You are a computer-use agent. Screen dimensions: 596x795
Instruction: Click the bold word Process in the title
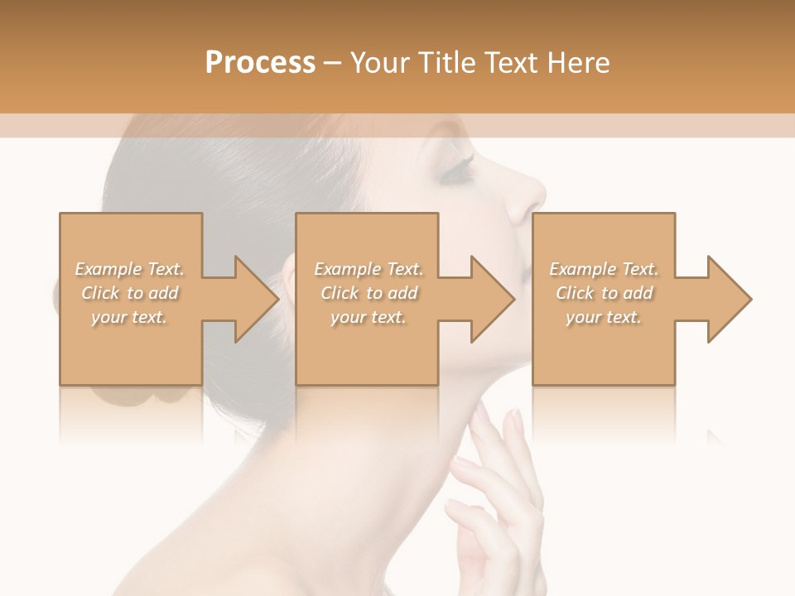pos(260,62)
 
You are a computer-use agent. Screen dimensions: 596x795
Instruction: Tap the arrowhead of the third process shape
pos(728,300)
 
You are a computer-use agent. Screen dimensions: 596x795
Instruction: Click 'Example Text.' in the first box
pos(129,269)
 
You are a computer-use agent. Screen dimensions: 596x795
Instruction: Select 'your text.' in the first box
pos(129,316)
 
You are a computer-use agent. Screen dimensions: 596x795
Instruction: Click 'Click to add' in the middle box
pos(369,293)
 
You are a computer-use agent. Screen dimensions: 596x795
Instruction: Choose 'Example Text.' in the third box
pos(604,269)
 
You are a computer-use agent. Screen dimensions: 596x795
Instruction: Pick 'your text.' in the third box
pos(604,316)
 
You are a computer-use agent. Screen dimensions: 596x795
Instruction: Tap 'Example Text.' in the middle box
pos(369,269)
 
